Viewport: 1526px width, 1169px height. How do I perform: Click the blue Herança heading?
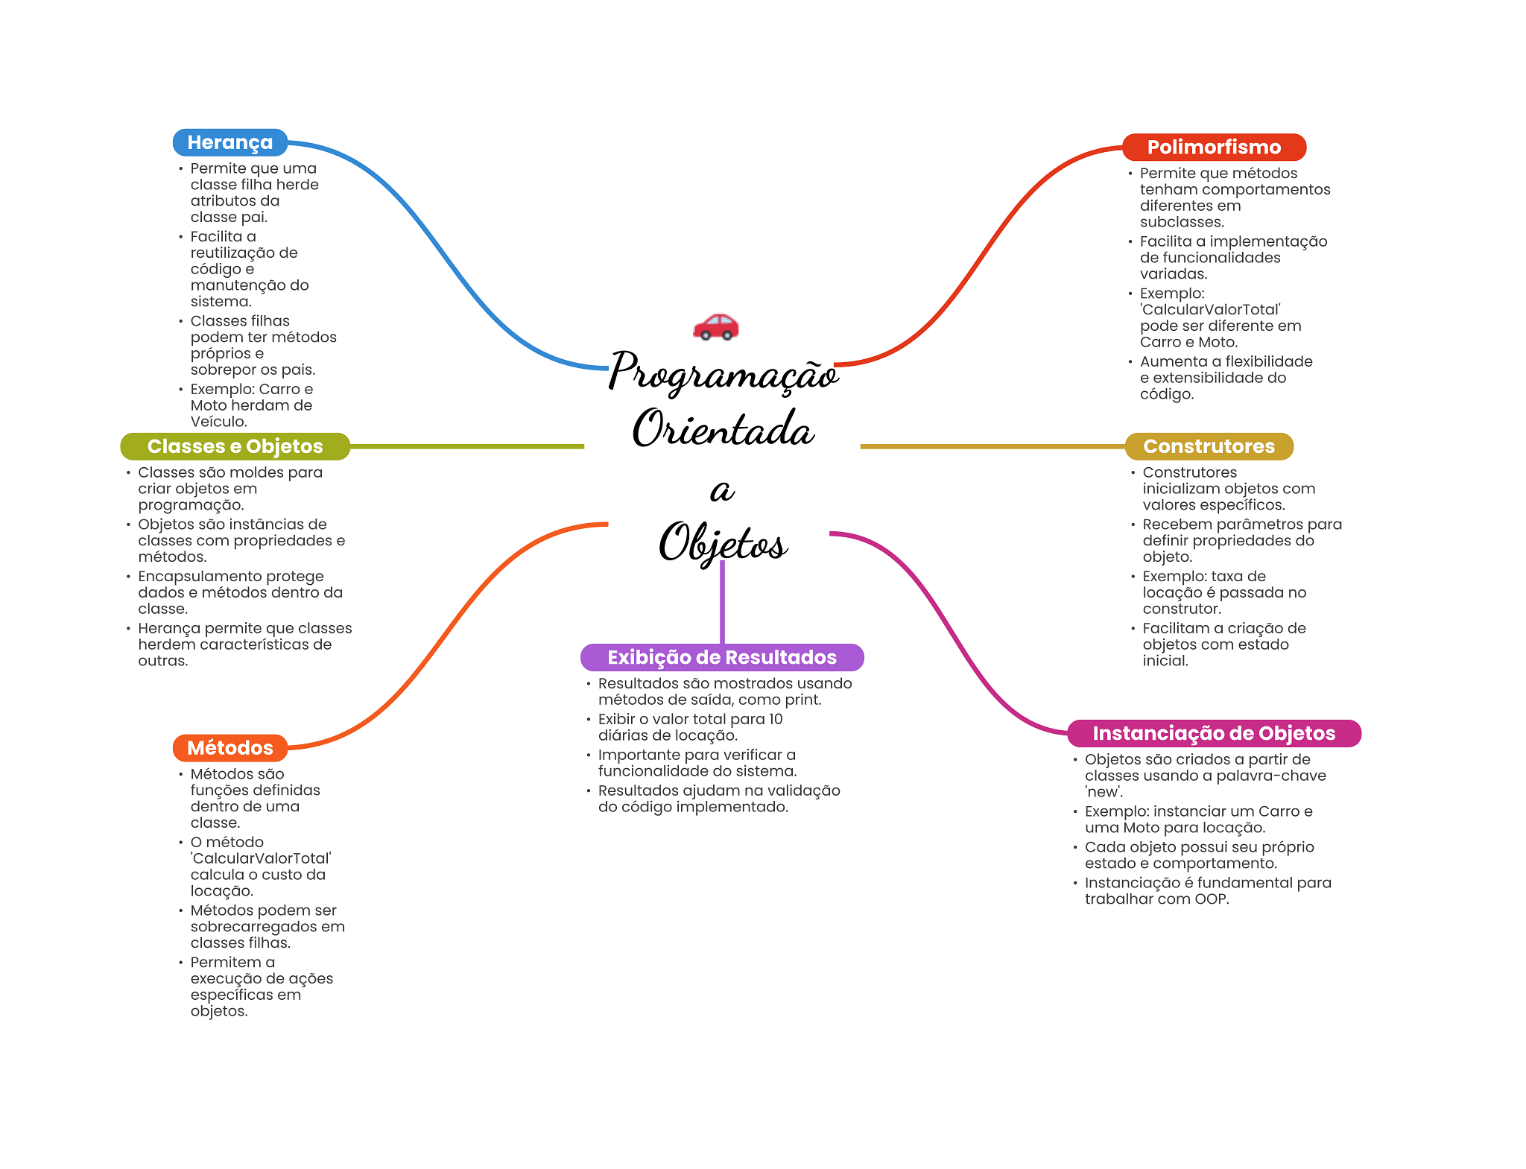point(229,142)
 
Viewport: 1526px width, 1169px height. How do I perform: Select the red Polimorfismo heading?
point(1213,148)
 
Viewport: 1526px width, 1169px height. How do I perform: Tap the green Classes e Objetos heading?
point(235,446)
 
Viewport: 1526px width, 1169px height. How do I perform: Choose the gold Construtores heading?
point(1209,446)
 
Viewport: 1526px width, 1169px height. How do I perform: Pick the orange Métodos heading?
point(229,748)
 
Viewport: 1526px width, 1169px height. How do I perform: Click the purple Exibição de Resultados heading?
point(721,657)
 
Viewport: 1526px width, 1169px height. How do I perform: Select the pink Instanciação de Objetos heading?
point(1213,733)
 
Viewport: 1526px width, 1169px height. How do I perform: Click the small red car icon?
point(715,326)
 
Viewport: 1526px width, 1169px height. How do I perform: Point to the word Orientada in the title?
point(723,430)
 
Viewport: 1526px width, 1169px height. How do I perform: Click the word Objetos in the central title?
point(723,543)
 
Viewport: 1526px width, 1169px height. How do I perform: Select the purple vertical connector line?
point(722,603)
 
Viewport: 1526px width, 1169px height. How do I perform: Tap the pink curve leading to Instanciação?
point(946,626)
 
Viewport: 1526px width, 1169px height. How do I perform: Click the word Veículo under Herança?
point(218,422)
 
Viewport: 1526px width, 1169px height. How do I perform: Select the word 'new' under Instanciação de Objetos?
point(1103,792)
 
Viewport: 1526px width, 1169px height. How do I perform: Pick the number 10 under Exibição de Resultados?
point(775,719)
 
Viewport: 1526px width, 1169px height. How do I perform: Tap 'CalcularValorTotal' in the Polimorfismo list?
point(1210,310)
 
